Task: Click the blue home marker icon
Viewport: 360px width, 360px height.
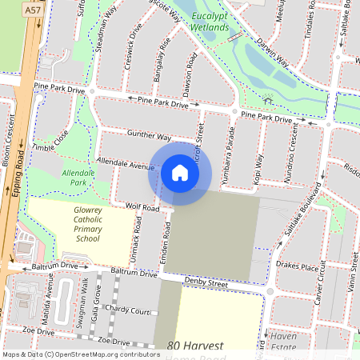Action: [180, 172]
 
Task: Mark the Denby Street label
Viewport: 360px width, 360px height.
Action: [206, 282]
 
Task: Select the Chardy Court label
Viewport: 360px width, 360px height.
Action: [128, 310]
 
